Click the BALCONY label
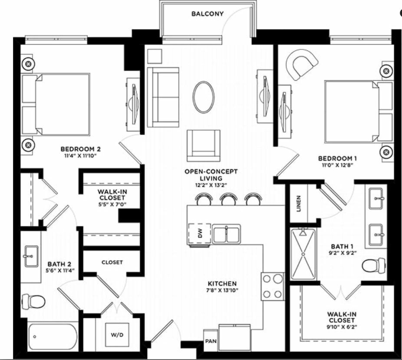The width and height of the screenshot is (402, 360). [x=208, y=13]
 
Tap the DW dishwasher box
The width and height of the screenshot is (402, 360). [x=200, y=233]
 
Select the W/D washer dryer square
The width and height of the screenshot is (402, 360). [x=117, y=335]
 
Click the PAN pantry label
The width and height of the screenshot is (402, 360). [x=211, y=341]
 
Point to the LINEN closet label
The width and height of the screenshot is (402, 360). [x=298, y=204]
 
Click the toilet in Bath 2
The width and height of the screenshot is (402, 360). [x=33, y=301]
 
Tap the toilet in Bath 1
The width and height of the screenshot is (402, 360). [x=374, y=265]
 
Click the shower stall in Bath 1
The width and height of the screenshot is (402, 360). [x=303, y=254]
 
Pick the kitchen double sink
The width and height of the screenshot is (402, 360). [x=226, y=234]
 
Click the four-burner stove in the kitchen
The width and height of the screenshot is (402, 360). [x=273, y=286]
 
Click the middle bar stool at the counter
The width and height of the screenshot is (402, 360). [x=229, y=199]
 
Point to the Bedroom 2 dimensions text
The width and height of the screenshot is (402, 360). [x=80, y=156]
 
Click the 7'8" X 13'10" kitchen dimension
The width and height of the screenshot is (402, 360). [x=222, y=290]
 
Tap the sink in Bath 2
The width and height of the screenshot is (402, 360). [x=32, y=256]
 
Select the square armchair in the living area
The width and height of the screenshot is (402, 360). [x=204, y=146]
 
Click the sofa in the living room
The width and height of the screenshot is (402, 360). [x=163, y=97]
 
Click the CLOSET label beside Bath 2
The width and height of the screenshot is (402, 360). [x=112, y=262]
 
